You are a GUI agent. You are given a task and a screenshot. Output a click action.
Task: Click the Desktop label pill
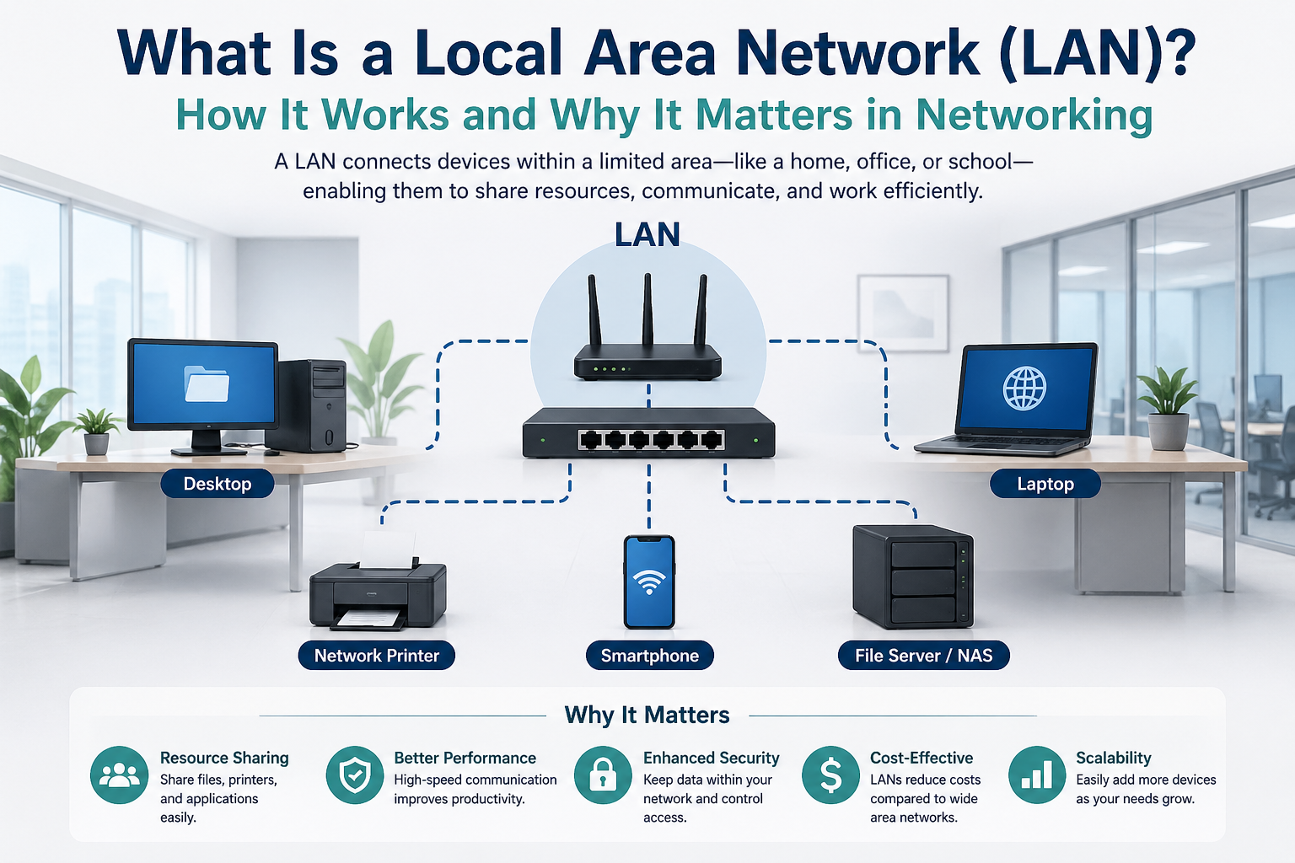[218, 484]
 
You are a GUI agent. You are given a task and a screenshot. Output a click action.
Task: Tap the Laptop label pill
[1045, 484]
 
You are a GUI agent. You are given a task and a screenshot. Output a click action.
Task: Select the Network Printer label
[376, 656]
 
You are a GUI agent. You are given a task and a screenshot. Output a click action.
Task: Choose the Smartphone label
[649, 656]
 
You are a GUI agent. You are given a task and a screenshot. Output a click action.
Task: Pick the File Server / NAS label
[923, 656]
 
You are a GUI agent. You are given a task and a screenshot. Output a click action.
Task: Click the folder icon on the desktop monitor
[207, 383]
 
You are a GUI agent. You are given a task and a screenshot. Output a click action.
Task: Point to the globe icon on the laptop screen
[1024, 388]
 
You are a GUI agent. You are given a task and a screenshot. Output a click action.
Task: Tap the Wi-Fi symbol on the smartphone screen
[649, 581]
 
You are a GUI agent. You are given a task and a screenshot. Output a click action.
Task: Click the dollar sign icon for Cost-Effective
[830, 775]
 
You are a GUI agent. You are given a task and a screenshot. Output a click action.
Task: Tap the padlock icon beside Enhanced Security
[603, 775]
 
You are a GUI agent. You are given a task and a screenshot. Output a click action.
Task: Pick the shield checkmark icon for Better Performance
[355, 775]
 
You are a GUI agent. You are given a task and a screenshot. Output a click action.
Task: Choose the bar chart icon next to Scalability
[1036, 775]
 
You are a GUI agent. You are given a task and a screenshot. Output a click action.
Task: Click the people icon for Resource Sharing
[120, 775]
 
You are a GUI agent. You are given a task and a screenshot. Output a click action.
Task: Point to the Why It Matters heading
[647, 715]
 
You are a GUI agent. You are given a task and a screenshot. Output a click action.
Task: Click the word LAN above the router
[647, 235]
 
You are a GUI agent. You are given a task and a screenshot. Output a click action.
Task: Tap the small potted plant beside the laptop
[1168, 409]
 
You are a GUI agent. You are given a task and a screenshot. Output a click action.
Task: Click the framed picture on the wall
[903, 312]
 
